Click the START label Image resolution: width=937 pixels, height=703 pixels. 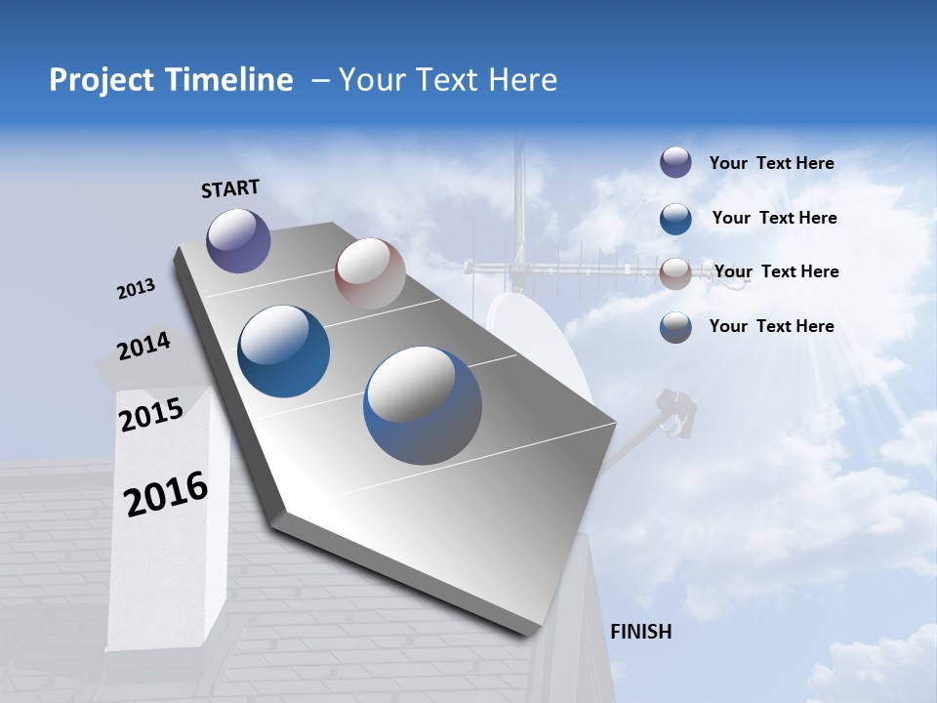(x=230, y=188)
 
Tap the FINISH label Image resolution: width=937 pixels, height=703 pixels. (x=640, y=632)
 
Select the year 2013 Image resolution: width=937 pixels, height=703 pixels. (x=136, y=289)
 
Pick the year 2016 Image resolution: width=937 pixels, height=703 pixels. (x=166, y=493)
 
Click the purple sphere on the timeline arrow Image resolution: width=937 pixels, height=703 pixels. (x=238, y=240)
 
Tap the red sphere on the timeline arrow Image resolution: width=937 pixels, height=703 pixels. (x=370, y=273)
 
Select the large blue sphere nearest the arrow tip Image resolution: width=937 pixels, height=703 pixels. (x=423, y=405)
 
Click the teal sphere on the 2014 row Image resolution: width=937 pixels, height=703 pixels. (x=283, y=351)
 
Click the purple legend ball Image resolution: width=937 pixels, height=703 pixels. (x=675, y=162)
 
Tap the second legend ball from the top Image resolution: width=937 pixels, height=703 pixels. (x=675, y=219)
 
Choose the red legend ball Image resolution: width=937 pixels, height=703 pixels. (x=675, y=273)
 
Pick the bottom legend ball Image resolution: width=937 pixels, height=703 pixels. (x=675, y=327)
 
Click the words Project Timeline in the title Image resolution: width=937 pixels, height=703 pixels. (x=171, y=80)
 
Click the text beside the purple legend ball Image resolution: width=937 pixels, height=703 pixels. (x=771, y=163)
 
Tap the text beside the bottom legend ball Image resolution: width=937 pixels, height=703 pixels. (x=771, y=326)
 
